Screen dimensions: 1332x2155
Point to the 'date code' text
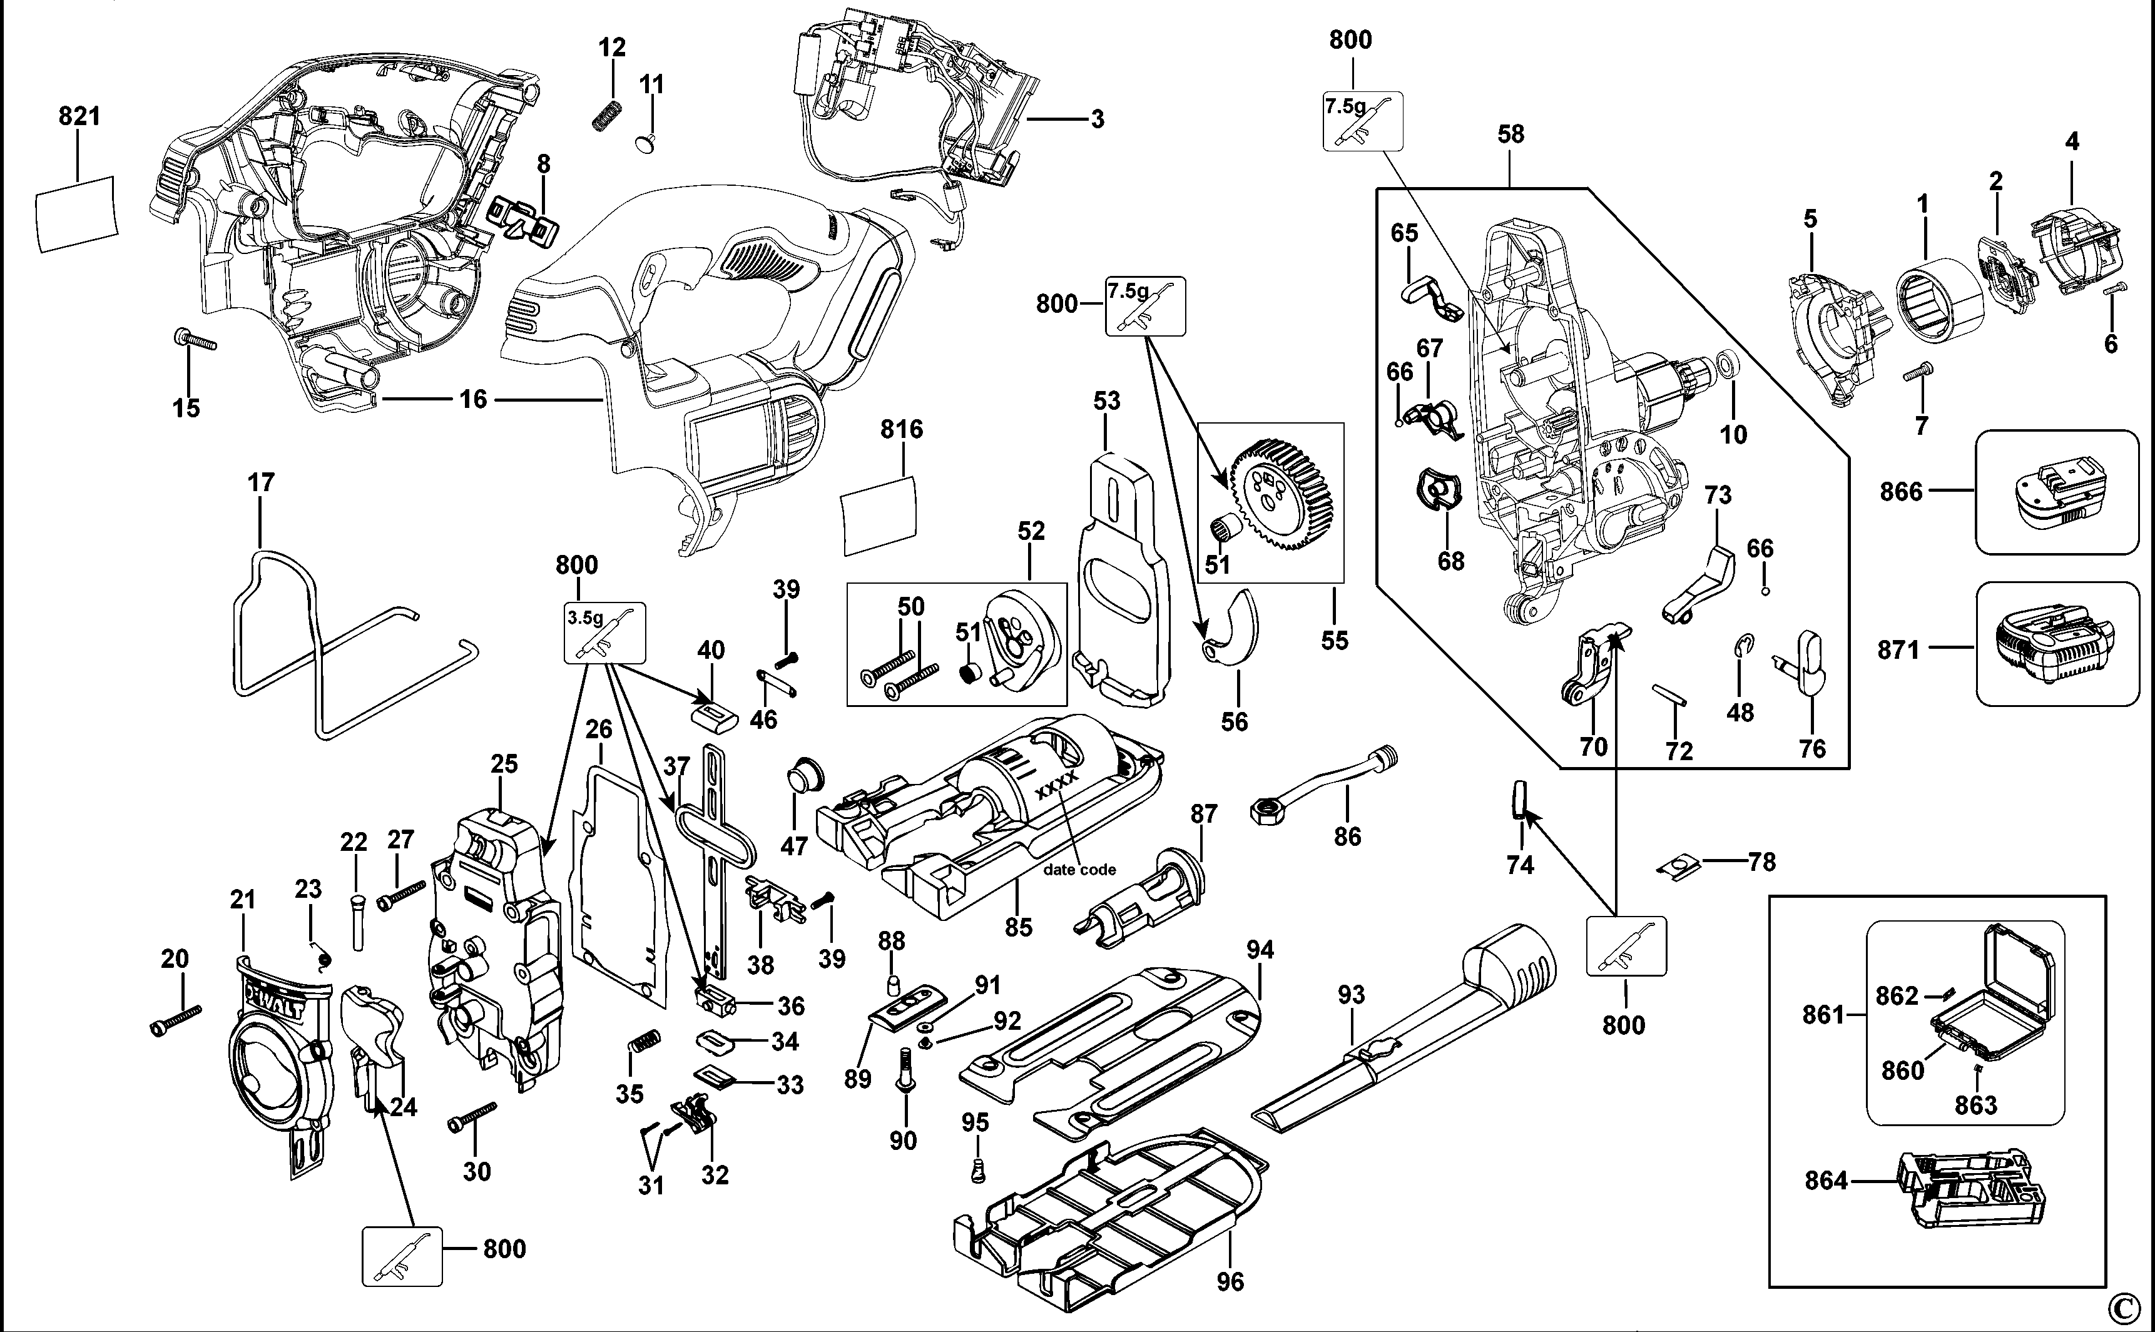pyautogui.click(x=1079, y=870)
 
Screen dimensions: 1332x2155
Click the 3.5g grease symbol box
pyautogui.click(x=604, y=633)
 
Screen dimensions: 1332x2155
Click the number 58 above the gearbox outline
pyautogui.click(x=1510, y=134)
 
